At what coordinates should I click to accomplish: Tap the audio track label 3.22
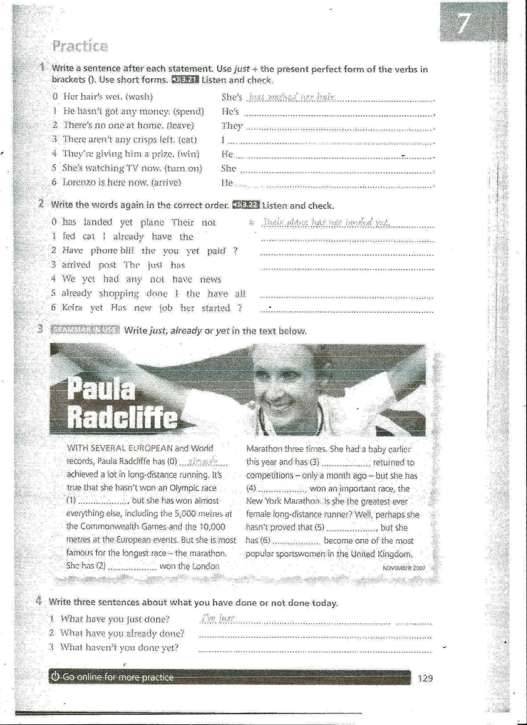tap(246, 205)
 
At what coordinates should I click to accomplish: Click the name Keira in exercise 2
tap(72, 308)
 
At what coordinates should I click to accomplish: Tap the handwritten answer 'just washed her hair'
tap(292, 97)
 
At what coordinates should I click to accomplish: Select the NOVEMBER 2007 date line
tap(404, 568)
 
